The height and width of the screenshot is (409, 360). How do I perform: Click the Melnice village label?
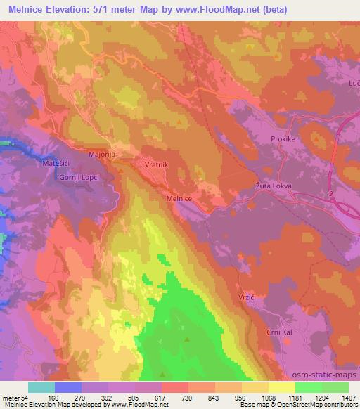(x=179, y=199)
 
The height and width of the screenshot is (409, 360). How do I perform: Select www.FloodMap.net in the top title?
(x=223, y=9)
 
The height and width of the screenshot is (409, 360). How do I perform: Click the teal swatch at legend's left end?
(x=41, y=387)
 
